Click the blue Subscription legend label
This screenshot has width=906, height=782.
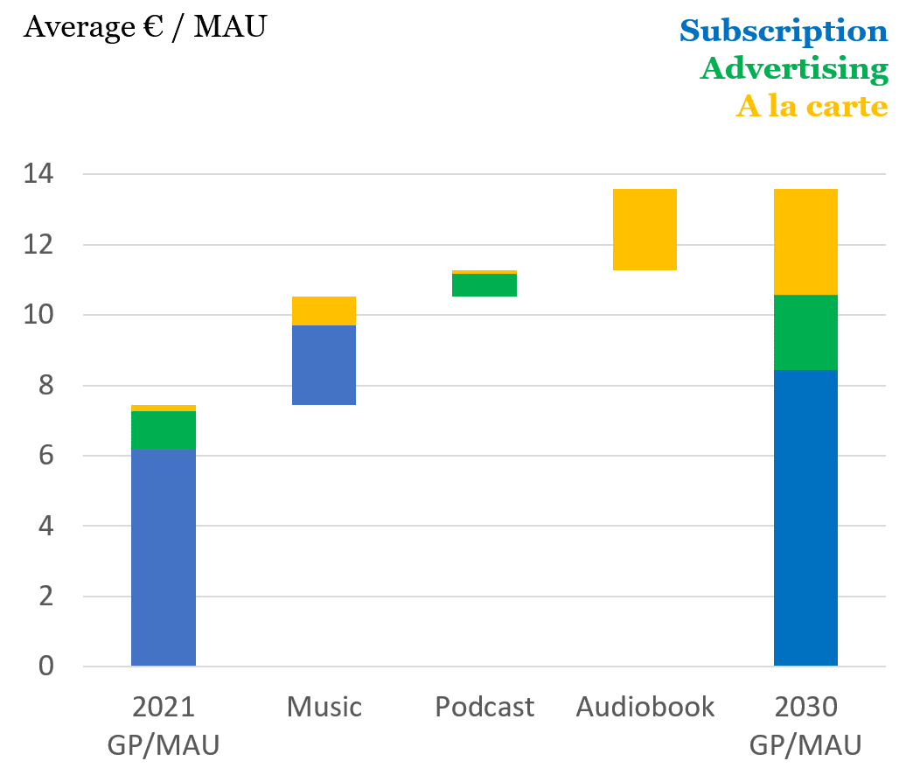click(x=784, y=31)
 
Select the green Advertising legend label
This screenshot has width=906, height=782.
click(x=794, y=68)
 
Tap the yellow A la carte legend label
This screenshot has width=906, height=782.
click(x=812, y=106)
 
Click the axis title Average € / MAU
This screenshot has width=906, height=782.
click(x=144, y=27)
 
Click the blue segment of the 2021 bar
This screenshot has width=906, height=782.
click(x=164, y=557)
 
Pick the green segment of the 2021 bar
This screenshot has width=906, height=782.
click(x=164, y=429)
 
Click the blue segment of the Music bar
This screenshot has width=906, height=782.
click(x=324, y=365)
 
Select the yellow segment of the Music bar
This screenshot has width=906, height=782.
click(x=324, y=311)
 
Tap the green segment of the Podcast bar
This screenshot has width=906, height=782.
click(x=484, y=285)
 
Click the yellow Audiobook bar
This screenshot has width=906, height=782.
click(x=645, y=229)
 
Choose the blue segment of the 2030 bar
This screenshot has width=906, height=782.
click(x=805, y=518)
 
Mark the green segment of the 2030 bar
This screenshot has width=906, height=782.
click(x=805, y=332)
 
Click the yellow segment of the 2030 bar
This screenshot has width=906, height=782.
click(x=805, y=241)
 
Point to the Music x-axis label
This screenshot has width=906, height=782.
click(x=324, y=707)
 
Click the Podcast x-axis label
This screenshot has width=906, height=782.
click(x=484, y=707)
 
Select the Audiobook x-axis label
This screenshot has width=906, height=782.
click(x=645, y=707)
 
